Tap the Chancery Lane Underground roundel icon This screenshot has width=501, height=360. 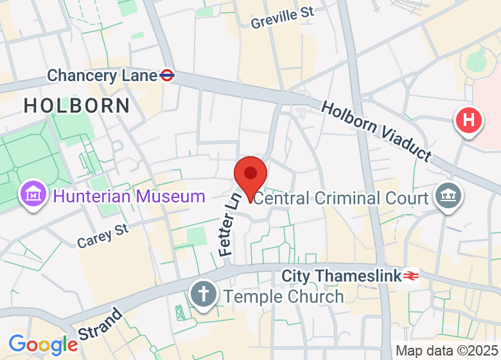[167, 75]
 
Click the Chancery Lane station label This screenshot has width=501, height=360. [102, 76]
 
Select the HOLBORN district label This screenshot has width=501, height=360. [77, 105]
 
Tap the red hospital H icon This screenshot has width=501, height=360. [469, 120]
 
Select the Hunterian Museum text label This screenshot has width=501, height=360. [129, 196]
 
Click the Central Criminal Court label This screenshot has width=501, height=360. [341, 197]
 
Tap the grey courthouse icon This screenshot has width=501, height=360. [445, 194]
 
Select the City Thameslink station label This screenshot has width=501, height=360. [341, 276]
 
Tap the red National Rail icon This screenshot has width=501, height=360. [411, 276]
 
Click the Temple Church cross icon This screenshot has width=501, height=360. [204, 295]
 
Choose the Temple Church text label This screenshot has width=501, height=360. [283, 296]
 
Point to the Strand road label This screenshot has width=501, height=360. [100, 325]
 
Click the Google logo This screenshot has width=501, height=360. [43, 345]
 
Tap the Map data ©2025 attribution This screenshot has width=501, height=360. [446, 351]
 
